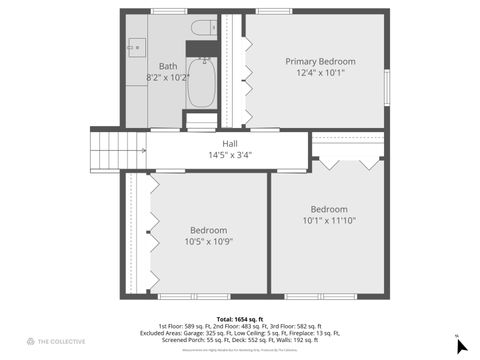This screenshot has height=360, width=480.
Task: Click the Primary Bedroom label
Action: click(x=320, y=61)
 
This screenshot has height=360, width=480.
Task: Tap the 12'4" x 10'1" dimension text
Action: click(x=320, y=73)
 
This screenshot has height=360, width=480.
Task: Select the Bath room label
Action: click(x=168, y=66)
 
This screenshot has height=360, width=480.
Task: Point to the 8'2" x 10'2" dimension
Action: click(x=168, y=77)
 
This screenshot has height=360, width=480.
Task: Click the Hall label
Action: click(x=230, y=144)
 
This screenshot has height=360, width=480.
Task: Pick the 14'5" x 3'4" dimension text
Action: click(x=230, y=155)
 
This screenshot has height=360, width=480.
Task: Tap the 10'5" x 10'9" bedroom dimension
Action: click(x=208, y=241)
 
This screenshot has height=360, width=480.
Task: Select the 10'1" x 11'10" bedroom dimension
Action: click(x=329, y=220)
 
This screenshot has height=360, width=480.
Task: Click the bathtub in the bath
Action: click(x=201, y=82)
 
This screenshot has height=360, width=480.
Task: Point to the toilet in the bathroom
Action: click(x=203, y=27)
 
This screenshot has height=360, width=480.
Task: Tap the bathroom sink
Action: click(x=136, y=46)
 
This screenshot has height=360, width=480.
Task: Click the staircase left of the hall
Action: click(x=119, y=150)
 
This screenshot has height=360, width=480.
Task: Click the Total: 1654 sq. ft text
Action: click(x=239, y=319)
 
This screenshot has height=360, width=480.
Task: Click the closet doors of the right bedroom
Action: click(x=347, y=159)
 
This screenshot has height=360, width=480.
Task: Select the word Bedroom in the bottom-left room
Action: click(x=208, y=230)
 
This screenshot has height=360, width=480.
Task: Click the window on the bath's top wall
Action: click(x=168, y=11)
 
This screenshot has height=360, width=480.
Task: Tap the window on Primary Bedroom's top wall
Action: click(x=273, y=11)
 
